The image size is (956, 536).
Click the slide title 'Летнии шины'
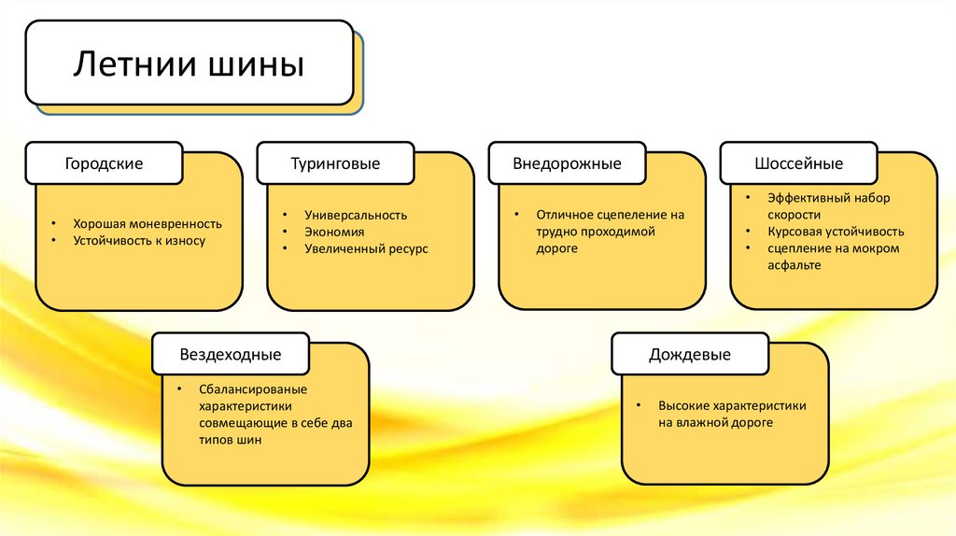(189, 66)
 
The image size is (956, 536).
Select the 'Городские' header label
(104, 163)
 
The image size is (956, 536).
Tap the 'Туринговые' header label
(335, 163)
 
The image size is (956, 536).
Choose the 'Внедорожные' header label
(567, 163)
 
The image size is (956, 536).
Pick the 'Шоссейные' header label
(798, 163)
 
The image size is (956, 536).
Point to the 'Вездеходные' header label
(230, 355)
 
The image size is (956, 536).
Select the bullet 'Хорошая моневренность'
(148, 223)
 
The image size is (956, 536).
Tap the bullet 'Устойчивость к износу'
(139, 240)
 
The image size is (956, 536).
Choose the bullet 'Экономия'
(334, 232)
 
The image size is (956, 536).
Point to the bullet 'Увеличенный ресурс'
(366, 249)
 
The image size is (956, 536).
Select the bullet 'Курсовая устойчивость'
(836, 232)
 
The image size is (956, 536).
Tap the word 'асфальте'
(794, 265)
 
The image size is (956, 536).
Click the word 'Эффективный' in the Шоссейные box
(803, 198)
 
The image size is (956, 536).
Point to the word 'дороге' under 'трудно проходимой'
(556, 248)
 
